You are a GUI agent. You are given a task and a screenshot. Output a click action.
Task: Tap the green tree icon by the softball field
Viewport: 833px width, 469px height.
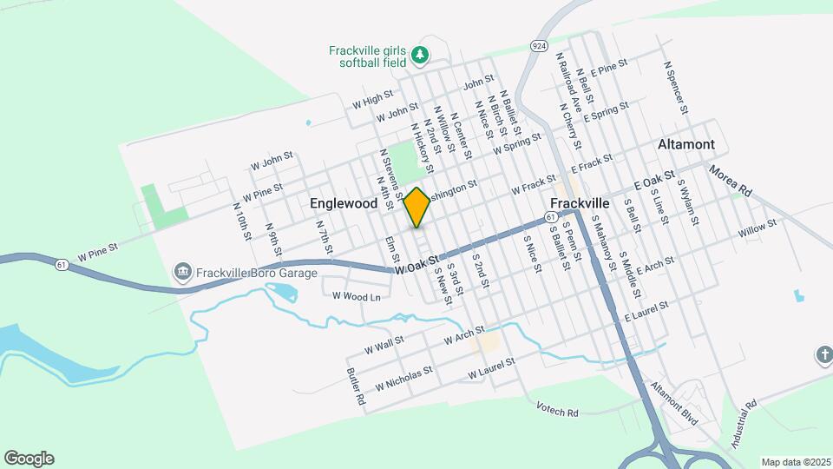420,56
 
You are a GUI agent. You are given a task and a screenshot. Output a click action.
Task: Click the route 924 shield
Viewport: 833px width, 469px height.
539,43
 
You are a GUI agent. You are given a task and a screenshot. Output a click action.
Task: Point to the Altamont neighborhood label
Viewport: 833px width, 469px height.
685,144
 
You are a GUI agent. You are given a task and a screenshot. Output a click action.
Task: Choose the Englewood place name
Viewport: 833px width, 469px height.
344,203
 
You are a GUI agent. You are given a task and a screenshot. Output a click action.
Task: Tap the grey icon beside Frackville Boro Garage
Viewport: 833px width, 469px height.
182,273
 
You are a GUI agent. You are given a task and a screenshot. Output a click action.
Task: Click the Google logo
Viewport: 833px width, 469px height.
29,458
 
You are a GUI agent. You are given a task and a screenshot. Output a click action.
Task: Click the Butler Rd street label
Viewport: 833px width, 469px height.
355,388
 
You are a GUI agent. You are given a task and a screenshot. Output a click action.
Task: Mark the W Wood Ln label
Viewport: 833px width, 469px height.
357,296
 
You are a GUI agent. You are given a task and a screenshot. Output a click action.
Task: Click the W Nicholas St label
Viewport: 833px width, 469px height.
403,380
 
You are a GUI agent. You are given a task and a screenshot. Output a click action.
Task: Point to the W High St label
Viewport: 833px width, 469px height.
372,100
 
